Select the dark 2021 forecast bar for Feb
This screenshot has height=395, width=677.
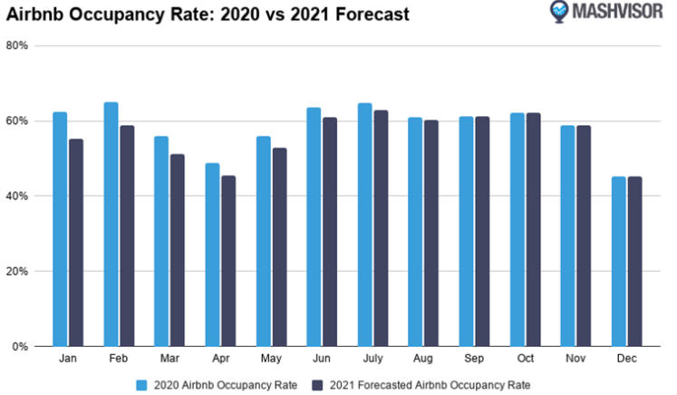pyautogui.click(x=127, y=236)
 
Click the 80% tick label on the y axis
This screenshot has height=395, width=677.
pyautogui.click(x=17, y=45)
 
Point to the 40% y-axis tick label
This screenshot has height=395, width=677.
pyautogui.click(x=17, y=196)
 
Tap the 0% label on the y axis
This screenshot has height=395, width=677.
pyautogui.click(x=20, y=346)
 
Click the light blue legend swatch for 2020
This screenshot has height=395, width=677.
pyautogui.click(x=140, y=383)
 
